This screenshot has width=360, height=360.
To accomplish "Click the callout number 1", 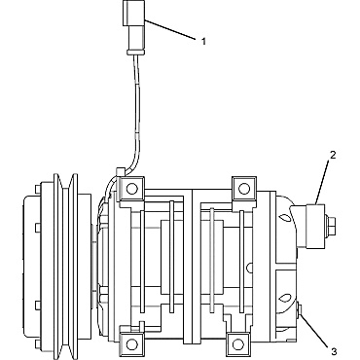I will (x=204, y=41).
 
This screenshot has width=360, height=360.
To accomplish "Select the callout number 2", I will (x=333, y=153).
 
